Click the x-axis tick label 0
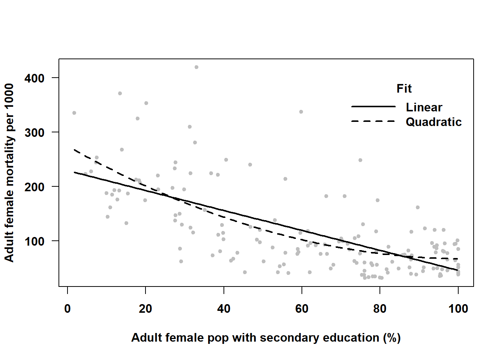[x=67, y=309]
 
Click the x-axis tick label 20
[x=145, y=309]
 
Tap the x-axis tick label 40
[x=224, y=309]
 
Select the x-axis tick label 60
[x=302, y=309]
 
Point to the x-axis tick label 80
[x=380, y=309]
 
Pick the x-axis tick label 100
[x=458, y=309]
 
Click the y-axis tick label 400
[x=34, y=78]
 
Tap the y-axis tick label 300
[x=34, y=133]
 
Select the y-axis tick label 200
[x=34, y=187]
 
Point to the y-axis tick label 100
[x=34, y=241]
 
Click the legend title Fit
[x=404, y=88]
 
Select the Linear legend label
[x=424, y=107]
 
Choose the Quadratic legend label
[x=433, y=122]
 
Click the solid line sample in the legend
[x=373, y=106]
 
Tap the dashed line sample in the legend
[x=373, y=121]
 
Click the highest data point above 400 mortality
[x=196, y=67]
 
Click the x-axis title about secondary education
[x=266, y=337]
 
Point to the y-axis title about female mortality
[x=9, y=172]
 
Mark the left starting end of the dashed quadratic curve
[x=75, y=150]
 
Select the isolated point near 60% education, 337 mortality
[x=301, y=112]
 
